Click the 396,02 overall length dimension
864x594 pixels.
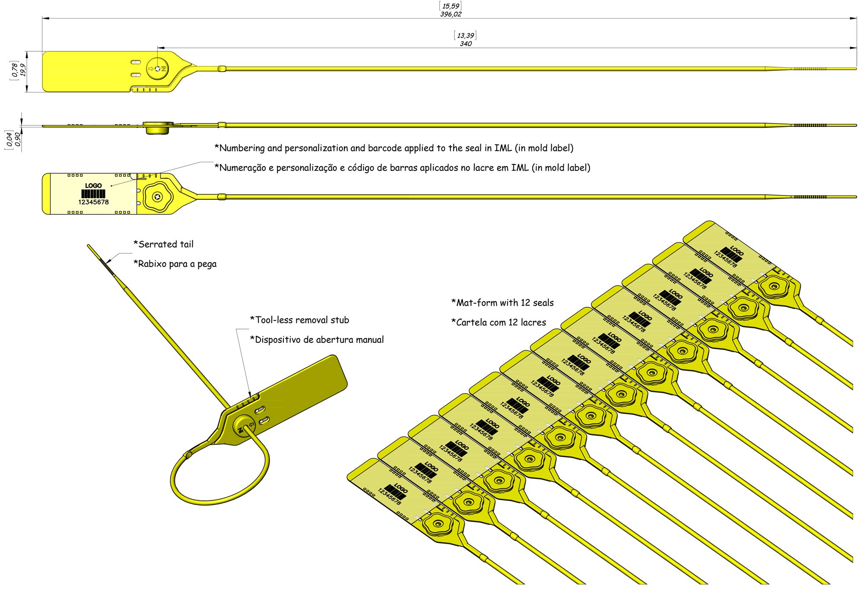(x=451, y=14)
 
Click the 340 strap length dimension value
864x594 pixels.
(x=465, y=44)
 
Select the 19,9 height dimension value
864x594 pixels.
(x=23, y=70)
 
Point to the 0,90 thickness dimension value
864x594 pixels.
(x=17, y=139)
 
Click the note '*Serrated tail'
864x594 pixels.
(x=164, y=244)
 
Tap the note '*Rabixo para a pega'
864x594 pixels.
(x=175, y=264)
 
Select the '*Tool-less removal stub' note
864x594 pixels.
(x=299, y=320)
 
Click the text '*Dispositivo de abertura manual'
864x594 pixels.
(x=317, y=340)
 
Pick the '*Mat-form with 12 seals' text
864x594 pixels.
(x=502, y=303)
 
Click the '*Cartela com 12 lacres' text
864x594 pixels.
(x=499, y=322)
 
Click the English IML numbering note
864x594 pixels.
(x=394, y=148)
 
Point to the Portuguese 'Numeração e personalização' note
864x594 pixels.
(x=402, y=167)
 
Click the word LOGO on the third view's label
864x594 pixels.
(x=93, y=186)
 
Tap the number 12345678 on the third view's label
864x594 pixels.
(x=93, y=202)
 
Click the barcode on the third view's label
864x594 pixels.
(x=93, y=194)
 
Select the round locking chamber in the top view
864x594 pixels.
(x=157, y=69)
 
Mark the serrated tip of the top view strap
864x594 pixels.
(x=810, y=69)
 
